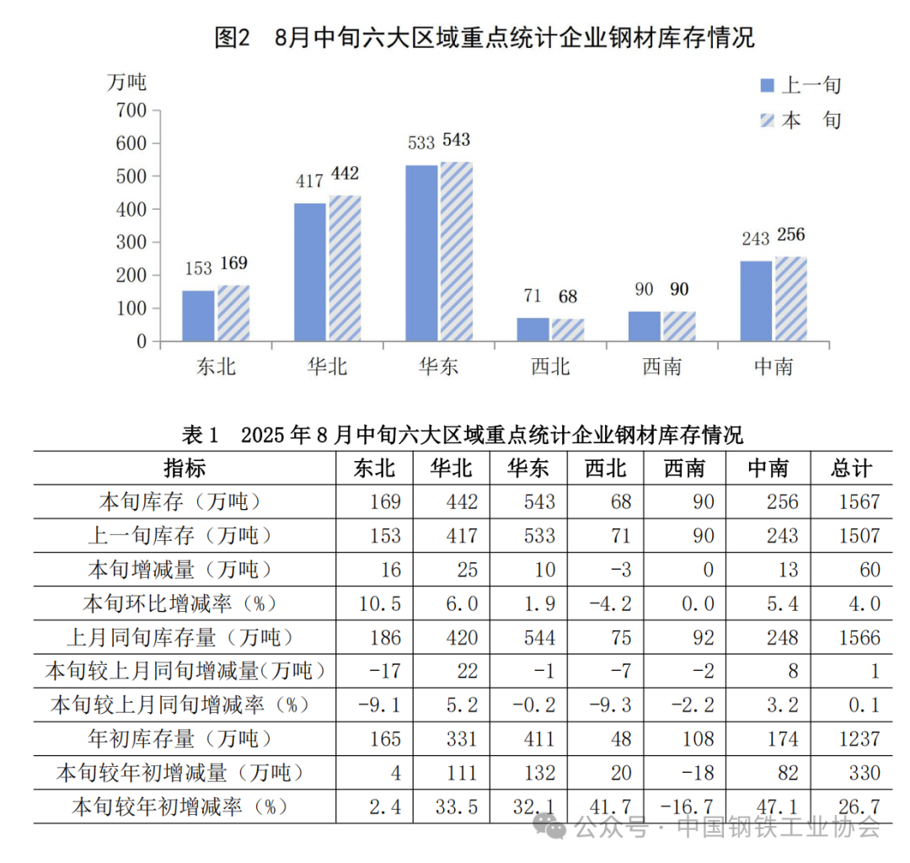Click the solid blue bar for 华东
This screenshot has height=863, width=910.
(x=421, y=253)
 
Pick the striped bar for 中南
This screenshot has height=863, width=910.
(x=790, y=299)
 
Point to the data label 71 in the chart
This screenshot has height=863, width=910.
(x=532, y=297)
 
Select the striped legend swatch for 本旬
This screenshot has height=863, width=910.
(x=767, y=120)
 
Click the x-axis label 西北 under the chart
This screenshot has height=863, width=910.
(x=550, y=367)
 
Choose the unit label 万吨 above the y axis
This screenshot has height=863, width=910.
(x=126, y=82)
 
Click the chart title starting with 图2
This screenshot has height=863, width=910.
(x=484, y=38)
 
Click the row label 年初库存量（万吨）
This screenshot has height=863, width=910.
(x=180, y=739)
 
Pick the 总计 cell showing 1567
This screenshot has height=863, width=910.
(x=859, y=502)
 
